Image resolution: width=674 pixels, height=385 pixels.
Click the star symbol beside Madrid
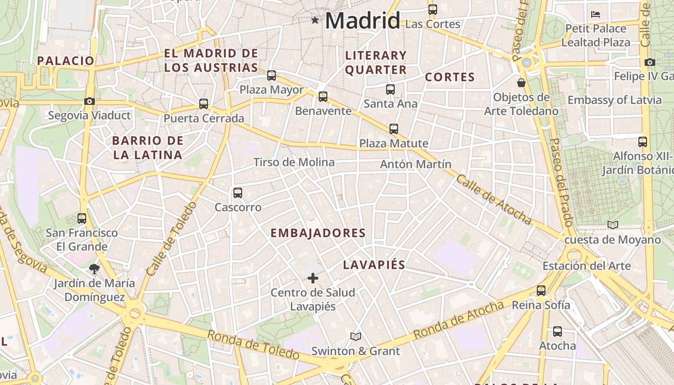315,20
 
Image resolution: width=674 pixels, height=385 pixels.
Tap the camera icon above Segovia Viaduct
89,101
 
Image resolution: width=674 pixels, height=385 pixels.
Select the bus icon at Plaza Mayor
272,76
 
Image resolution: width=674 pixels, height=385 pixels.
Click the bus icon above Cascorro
237,193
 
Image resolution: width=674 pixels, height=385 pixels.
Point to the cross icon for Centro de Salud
313,278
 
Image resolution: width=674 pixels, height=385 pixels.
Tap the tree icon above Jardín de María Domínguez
94,269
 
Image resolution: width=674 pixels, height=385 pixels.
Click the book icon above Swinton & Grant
356,336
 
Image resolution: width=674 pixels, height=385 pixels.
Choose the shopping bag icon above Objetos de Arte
521,83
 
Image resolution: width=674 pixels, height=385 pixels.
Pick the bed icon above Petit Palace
596,14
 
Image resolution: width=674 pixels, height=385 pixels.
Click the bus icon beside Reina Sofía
541,291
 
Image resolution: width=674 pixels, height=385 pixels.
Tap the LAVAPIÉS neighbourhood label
374,265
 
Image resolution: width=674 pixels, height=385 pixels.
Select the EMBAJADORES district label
318,233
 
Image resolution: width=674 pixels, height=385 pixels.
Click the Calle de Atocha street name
493,200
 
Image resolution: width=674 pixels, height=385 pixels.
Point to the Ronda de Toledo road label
253,345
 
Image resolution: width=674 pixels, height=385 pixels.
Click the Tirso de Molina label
294,162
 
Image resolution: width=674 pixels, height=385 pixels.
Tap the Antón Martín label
415,164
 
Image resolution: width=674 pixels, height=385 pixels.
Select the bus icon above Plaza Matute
394,129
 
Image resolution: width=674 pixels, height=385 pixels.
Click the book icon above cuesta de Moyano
612,225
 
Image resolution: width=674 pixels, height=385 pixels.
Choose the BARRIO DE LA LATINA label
147,148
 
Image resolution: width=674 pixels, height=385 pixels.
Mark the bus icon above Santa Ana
390,90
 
